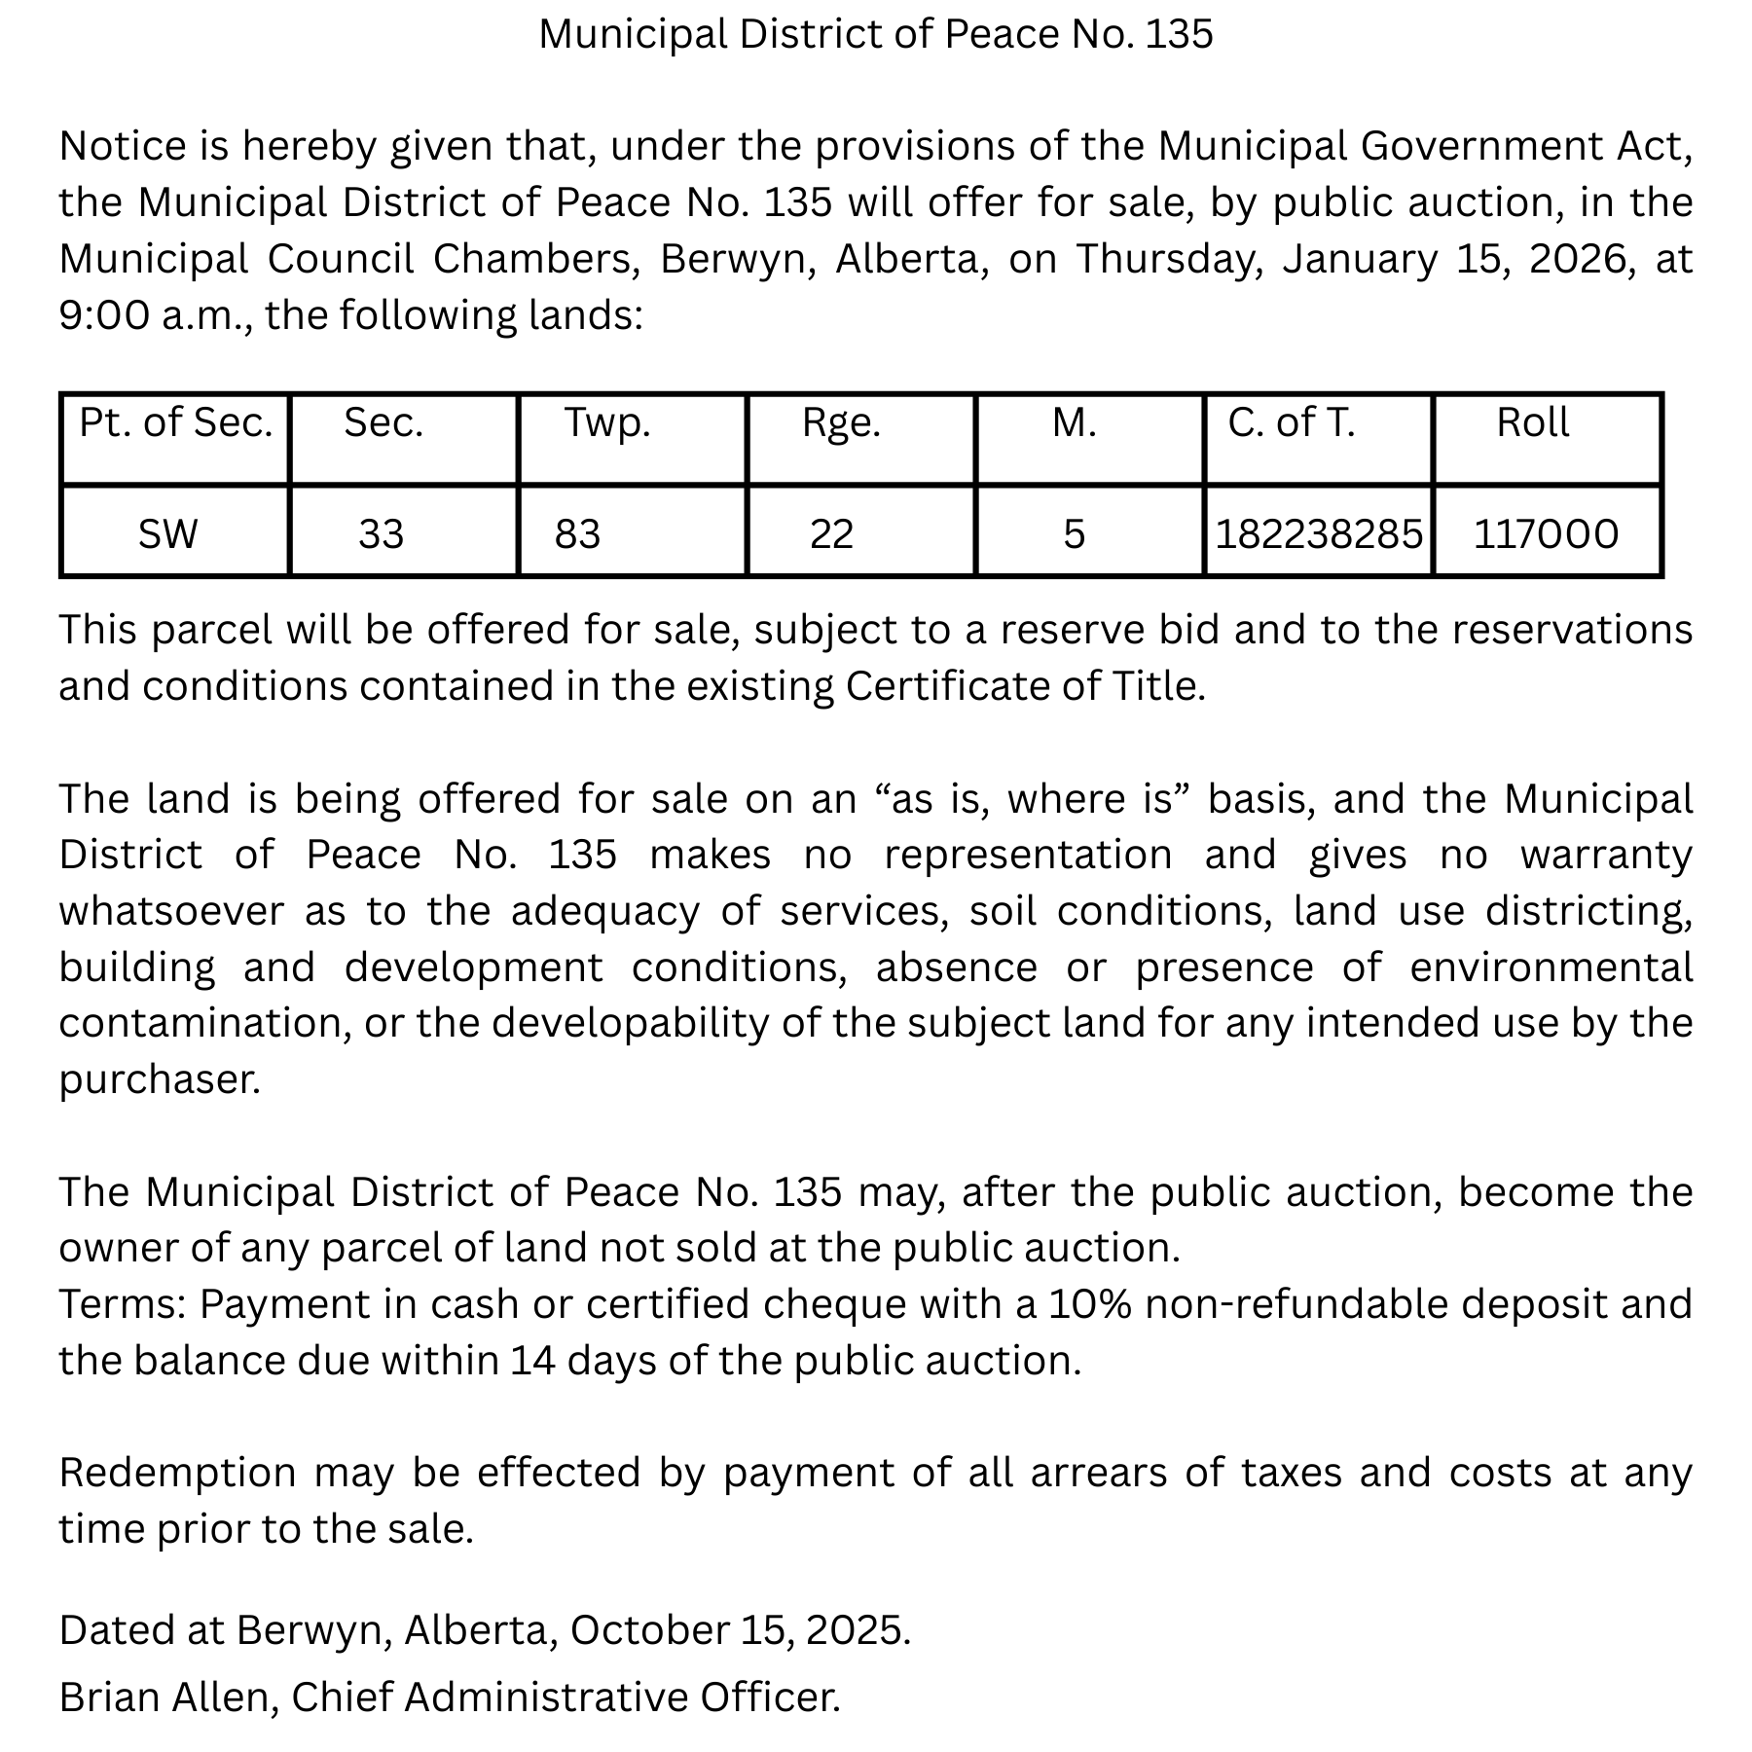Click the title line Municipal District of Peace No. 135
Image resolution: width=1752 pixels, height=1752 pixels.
pyautogui.click(x=876, y=35)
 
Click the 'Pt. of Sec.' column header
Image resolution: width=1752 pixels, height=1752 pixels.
pyautogui.click(x=175, y=423)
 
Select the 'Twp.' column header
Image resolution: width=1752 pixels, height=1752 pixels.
pyautogui.click(x=607, y=423)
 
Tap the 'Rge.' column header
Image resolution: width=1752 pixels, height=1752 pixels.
pyautogui.click(x=841, y=423)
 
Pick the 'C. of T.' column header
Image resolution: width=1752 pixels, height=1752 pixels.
pyautogui.click(x=1291, y=423)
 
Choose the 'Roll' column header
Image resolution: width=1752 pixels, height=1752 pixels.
pyautogui.click(x=1533, y=423)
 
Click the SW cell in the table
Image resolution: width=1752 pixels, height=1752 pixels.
pyautogui.click(x=167, y=534)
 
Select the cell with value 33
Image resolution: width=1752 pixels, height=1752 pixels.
pyautogui.click(x=381, y=534)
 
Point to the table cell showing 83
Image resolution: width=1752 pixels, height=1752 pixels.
pyautogui.click(x=577, y=534)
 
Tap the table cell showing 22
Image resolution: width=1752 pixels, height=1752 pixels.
pyautogui.click(x=831, y=534)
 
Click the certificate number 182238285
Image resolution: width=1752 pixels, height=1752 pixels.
pyautogui.click(x=1319, y=534)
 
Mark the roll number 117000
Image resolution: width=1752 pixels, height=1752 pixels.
pyautogui.click(x=1546, y=534)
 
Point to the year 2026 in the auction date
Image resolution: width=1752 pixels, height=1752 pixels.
pyautogui.click(x=1582, y=260)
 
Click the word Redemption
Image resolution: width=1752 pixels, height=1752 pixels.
pyautogui.click(x=177, y=1474)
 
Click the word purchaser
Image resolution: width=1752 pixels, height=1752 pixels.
pyautogui.click(x=159, y=1080)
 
